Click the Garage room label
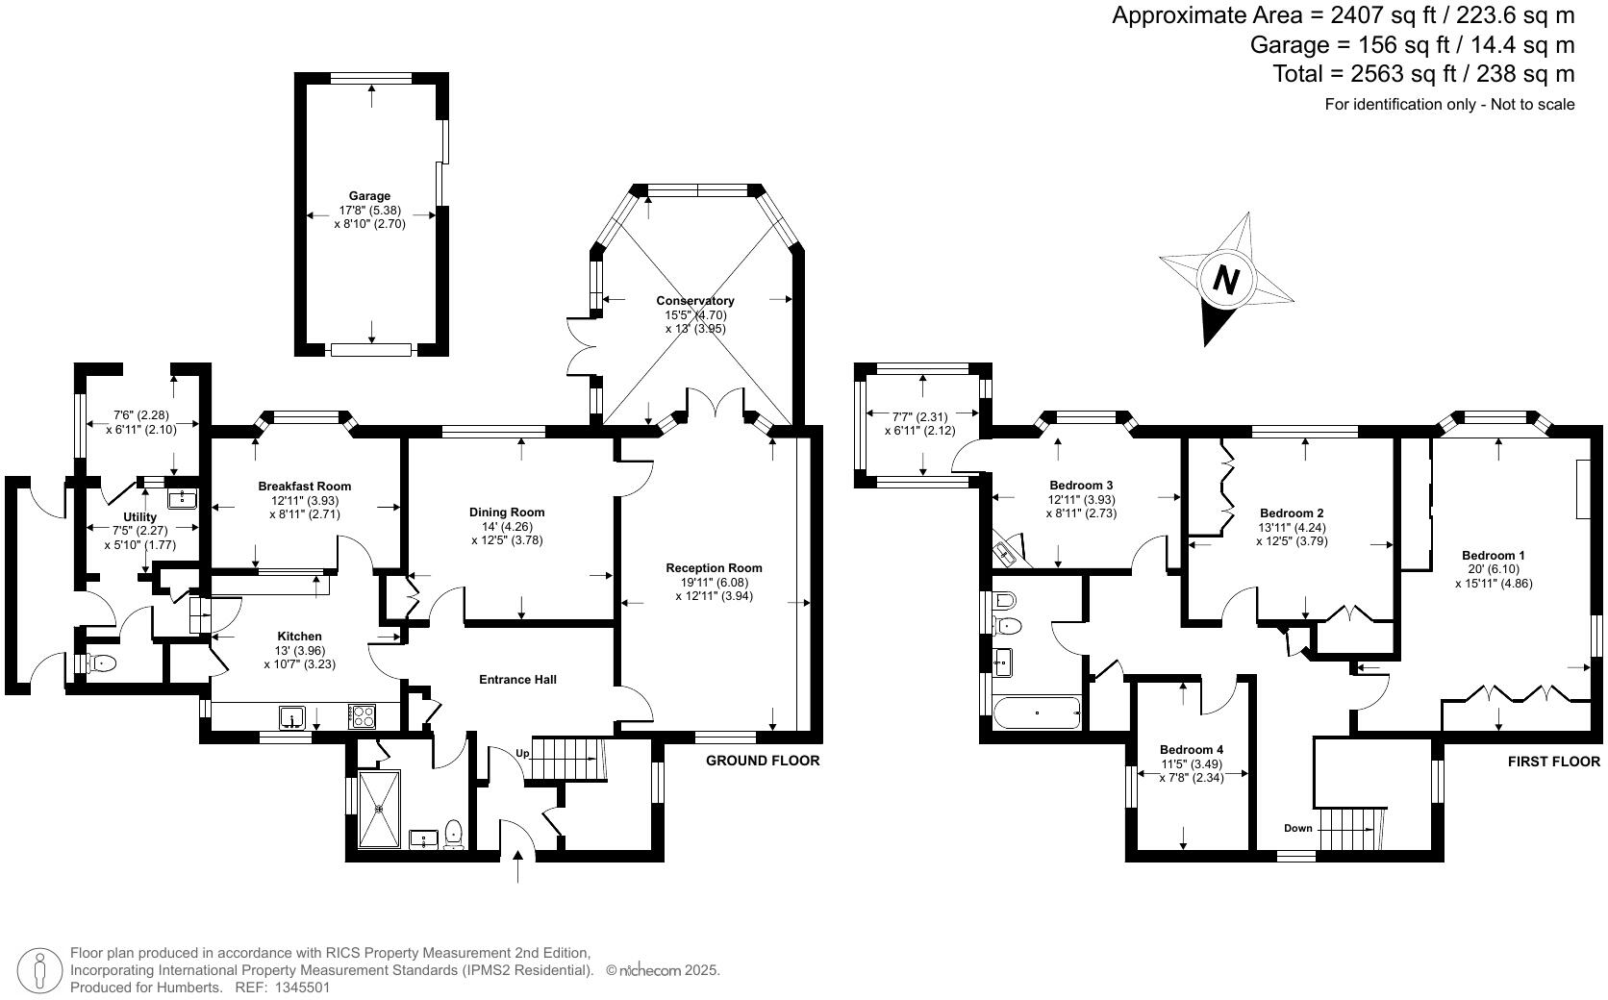pos(370,196)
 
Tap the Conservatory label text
pos(695,301)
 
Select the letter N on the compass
pos(1225,280)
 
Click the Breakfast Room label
pos(305,487)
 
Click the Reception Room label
pos(714,568)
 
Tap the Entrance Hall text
pos(517,680)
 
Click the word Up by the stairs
pos(523,753)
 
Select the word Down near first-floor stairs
pos(1297,828)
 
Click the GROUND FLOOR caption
pos(763,761)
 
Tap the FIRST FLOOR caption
pos(1553,762)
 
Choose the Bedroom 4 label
pos(1192,750)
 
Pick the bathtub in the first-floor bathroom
pos(1037,713)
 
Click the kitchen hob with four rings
pos(362,715)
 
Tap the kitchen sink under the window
pos(291,716)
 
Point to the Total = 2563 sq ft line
pos(1423,74)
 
